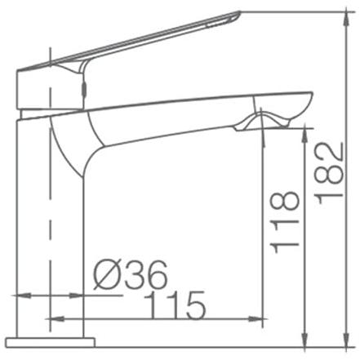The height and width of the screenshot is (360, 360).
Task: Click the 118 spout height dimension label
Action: [284, 222]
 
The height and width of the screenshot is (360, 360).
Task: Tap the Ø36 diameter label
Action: [131, 275]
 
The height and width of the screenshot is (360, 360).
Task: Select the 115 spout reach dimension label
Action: [175, 305]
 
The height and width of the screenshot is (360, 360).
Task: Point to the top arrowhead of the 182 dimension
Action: [348, 19]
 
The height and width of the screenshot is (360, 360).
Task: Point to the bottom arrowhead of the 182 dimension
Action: [348, 340]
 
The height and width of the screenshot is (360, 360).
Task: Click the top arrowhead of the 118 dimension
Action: [305, 136]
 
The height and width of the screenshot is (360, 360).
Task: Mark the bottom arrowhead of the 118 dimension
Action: [305, 340]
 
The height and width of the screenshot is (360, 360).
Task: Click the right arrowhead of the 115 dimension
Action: [256, 318]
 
